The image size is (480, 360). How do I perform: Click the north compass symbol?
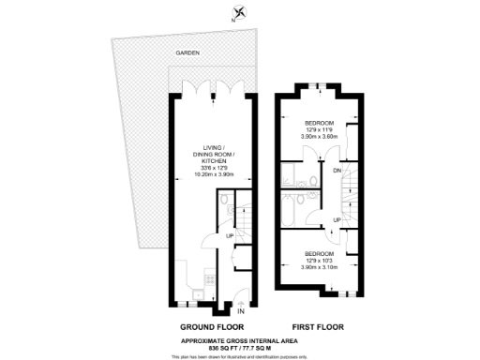pos(240,13)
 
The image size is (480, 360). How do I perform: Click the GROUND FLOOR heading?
pos(199,326)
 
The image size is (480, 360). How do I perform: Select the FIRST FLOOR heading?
pos(317,326)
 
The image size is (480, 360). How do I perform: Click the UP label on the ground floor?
pos(230,235)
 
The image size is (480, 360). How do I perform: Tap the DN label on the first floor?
pos(336,171)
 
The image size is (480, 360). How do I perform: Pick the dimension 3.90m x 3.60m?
pos(319,137)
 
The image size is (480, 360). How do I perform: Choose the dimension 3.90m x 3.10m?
pos(319,267)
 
